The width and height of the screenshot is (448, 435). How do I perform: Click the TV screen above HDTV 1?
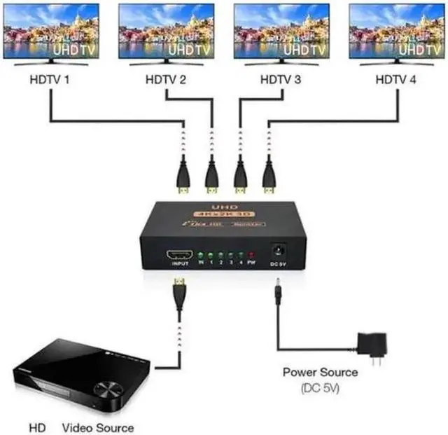coord(51,32)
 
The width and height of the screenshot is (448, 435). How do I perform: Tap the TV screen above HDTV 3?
coord(281,32)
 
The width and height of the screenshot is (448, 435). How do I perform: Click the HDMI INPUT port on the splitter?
coord(178,254)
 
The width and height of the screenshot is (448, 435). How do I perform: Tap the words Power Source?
coord(320,373)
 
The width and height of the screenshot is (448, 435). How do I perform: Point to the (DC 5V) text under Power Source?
coord(320,387)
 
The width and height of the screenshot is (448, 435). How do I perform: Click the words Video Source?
coord(97,427)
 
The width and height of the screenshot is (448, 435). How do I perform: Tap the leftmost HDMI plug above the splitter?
coord(183,179)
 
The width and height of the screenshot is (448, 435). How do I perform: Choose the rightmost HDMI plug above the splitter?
coord(269,179)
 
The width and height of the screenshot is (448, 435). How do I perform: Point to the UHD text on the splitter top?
coord(221,207)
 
